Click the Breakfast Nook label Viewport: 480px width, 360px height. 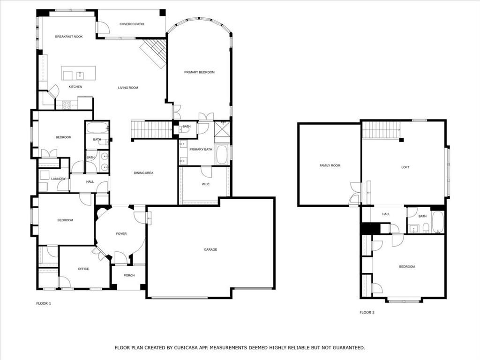click(68, 37)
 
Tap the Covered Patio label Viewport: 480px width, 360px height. click(132, 24)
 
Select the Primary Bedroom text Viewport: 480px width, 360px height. click(199, 72)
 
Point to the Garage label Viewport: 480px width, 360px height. click(210, 250)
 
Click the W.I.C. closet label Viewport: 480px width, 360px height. click(206, 184)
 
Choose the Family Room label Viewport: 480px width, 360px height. click(330, 165)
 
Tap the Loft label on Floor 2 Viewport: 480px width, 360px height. click(405, 167)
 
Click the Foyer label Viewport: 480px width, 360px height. click(121, 234)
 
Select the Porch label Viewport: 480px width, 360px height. click(129, 276)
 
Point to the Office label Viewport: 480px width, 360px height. click(83, 269)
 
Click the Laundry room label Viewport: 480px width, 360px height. click(59, 179)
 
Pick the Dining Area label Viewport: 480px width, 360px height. click(143, 173)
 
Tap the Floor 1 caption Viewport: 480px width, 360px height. click(44, 304)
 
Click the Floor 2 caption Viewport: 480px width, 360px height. click(367, 312)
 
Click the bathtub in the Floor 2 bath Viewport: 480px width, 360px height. click(437, 222)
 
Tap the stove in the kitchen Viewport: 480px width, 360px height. click(67, 105)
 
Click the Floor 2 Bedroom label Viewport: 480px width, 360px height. click(407, 267)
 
